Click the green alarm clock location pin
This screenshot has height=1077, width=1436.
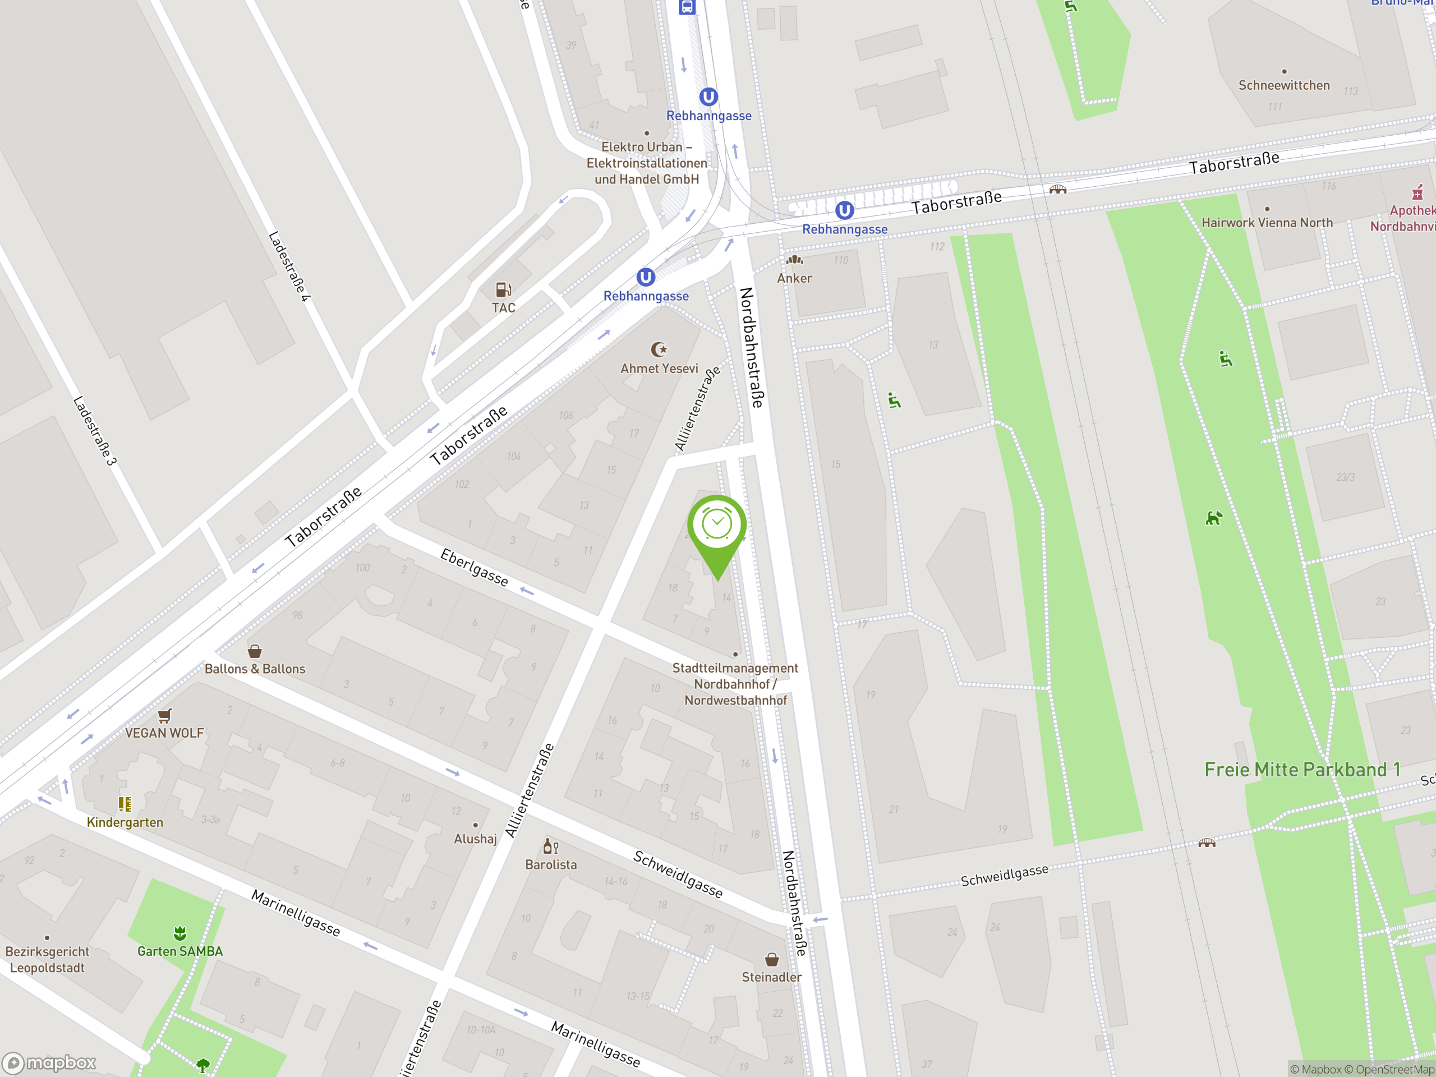pyautogui.click(x=717, y=526)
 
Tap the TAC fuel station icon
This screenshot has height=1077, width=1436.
pyautogui.click(x=503, y=289)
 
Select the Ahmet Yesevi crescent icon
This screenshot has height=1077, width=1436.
pyautogui.click(x=659, y=350)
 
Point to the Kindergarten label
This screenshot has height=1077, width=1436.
pyautogui.click(x=125, y=822)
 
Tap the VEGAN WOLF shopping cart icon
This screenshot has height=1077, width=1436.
pyautogui.click(x=165, y=715)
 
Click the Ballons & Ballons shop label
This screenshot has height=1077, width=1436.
pyautogui.click(x=255, y=669)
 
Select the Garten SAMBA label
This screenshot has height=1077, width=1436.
pyautogui.click(x=180, y=951)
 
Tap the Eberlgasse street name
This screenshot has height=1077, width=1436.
pyautogui.click(x=474, y=567)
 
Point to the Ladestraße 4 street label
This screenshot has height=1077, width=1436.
pyautogui.click(x=289, y=266)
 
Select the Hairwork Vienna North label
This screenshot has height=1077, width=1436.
pyautogui.click(x=1267, y=223)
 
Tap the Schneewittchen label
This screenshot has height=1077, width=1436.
pyautogui.click(x=1283, y=85)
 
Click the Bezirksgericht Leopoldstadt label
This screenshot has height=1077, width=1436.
pyautogui.click(x=47, y=960)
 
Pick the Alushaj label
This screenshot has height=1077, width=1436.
pyautogui.click(x=475, y=839)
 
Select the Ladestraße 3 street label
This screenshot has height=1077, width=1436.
pyautogui.click(x=95, y=431)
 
